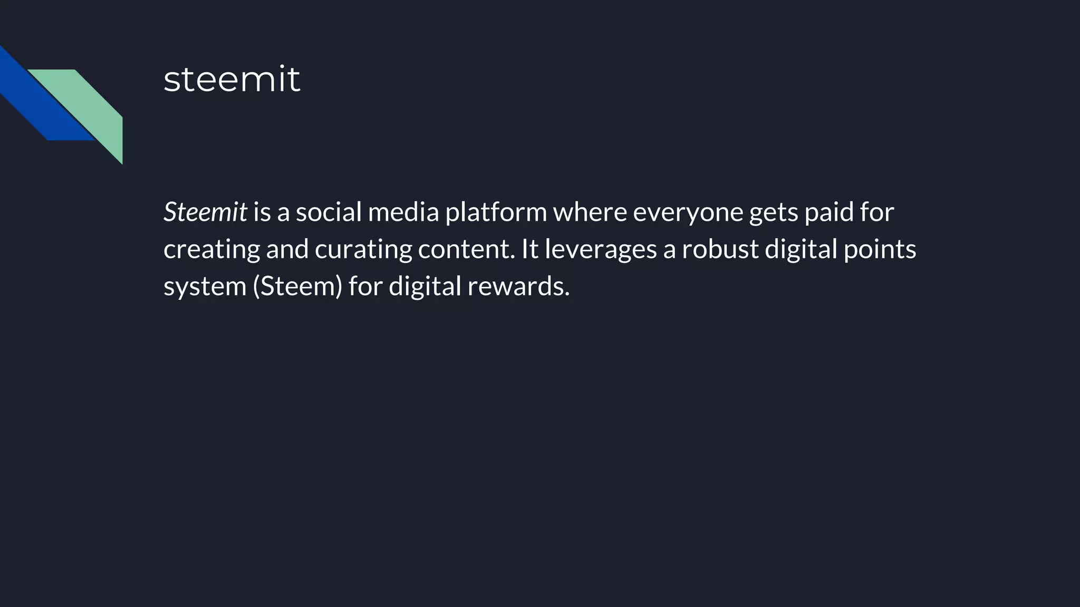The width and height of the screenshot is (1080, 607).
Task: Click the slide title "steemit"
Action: click(x=232, y=80)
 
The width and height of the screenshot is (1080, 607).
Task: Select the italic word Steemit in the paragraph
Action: click(x=205, y=212)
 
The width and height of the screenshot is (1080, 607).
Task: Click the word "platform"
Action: click(x=496, y=213)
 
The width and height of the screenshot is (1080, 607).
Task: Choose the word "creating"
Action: click(x=211, y=249)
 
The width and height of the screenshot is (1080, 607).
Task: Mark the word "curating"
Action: click(x=363, y=249)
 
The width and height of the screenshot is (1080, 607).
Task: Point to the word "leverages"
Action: click(x=601, y=249)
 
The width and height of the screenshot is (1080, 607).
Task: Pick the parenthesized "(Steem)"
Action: click(x=298, y=287)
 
